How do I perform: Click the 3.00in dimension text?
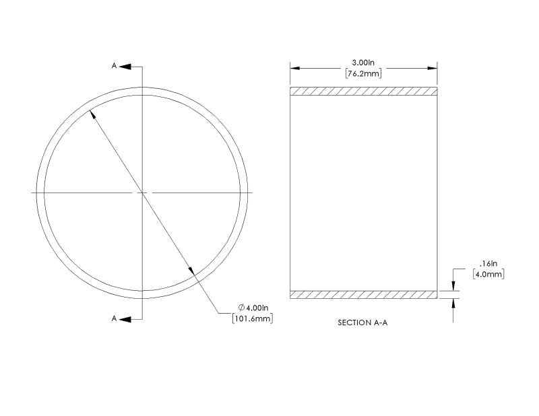[363, 63]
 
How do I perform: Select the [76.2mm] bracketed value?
[363, 73]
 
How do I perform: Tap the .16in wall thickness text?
[488, 263]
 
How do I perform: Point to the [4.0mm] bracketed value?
[488, 274]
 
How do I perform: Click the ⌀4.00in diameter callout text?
[253, 307]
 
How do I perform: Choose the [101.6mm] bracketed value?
[253, 318]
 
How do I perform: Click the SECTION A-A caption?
[362, 322]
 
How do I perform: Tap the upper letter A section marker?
[114, 65]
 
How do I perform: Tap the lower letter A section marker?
[114, 318]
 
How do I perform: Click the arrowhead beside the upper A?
[125, 66]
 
